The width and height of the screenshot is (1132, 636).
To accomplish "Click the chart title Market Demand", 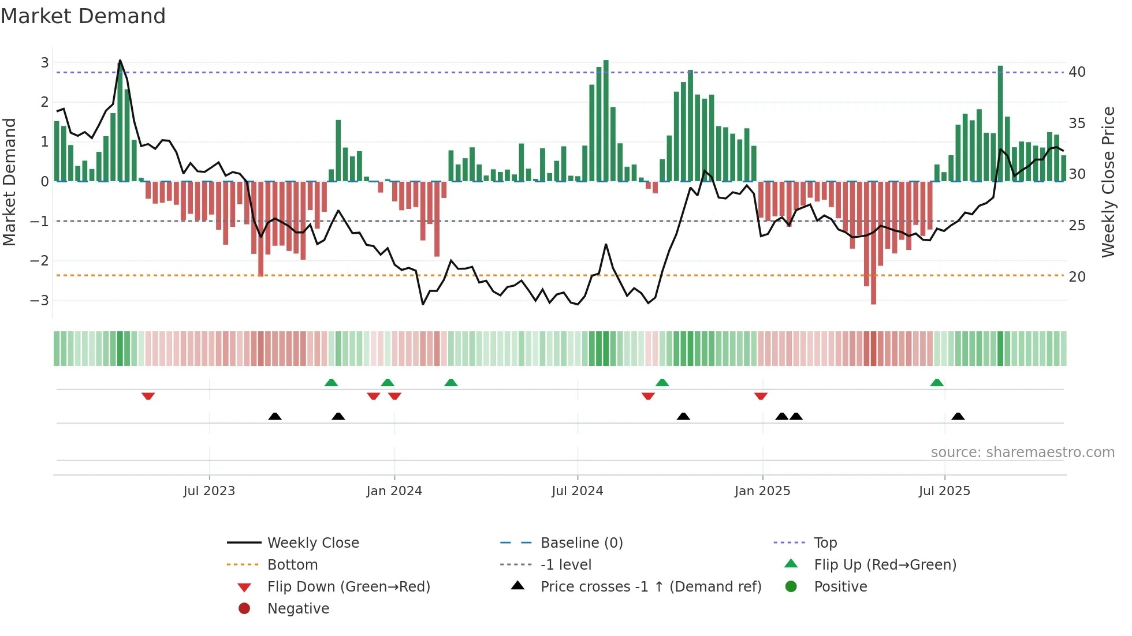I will pos(83,16).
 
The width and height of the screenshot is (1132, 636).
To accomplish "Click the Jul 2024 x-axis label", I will pos(577,491).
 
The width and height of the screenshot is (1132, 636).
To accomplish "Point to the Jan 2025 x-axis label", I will pos(762,491).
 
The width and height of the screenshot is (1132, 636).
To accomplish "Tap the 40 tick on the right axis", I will pos(1077,72).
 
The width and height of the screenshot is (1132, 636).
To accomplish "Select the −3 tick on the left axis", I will pos(40,300).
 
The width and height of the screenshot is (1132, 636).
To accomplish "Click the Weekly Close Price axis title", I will pos(1108,182).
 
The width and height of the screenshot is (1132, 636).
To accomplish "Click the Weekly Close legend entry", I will pos(312,543).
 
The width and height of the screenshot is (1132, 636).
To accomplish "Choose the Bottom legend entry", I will pos(292,565).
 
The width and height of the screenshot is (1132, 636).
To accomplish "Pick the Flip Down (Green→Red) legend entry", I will pos(348,587).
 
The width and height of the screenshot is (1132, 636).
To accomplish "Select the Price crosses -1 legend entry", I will pos(650,587).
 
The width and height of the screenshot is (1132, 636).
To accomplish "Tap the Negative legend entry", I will pos(298,609).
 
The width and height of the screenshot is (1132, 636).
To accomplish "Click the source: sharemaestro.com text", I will pos(1022,452).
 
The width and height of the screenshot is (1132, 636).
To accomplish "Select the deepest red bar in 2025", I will pos(873,242).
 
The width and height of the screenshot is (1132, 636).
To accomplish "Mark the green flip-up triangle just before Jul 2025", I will pos(937,383).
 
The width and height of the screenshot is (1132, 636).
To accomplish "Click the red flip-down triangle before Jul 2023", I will pos(148,396).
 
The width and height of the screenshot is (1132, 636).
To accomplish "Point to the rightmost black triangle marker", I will pos(958,416).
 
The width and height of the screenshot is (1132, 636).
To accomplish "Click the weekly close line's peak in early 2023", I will pos(120,61).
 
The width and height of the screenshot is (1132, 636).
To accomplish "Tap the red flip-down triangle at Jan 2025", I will pos(761,396).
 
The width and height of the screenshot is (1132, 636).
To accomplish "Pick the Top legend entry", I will pos(825,543).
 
